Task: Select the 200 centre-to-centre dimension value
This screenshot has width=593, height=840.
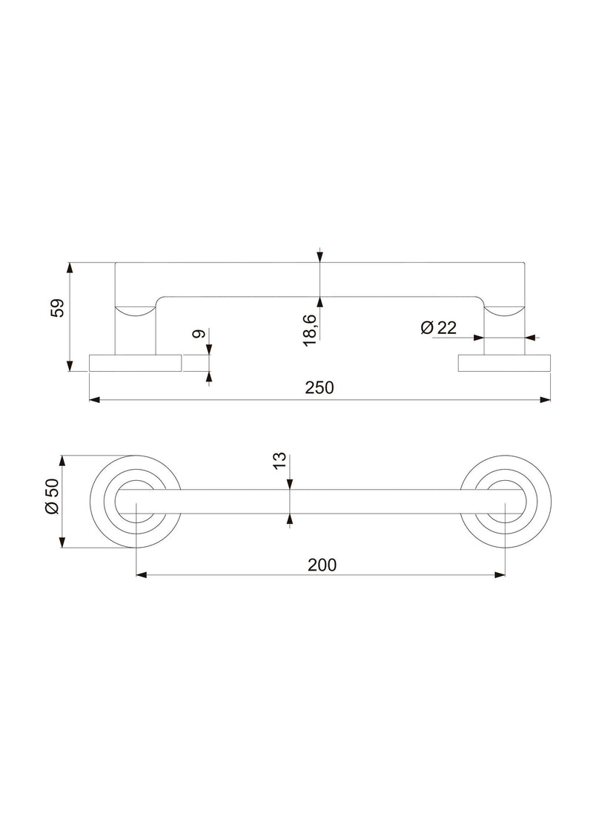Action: click(x=322, y=564)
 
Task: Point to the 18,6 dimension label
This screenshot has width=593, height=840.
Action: click(x=309, y=328)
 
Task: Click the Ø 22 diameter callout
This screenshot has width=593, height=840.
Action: click(x=438, y=327)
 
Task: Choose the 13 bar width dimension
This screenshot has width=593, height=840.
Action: click(x=279, y=462)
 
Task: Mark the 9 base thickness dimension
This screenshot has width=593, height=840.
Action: click(x=198, y=335)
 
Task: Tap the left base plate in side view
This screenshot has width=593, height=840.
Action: click(x=136, y=364)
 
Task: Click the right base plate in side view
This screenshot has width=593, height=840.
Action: click(x=505, y=364)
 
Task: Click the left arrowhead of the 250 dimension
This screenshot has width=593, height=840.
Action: click(x=94, y=401)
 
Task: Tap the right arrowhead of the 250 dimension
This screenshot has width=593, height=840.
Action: click(x=546, y=401)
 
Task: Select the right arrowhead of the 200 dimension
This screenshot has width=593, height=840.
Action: click(x=500, y=574)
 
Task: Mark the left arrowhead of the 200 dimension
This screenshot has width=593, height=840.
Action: click(x=141, y=574)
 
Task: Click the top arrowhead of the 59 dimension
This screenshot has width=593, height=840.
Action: click(x=70, y=266)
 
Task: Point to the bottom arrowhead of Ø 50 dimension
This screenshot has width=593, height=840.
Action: click(x=63, y=543)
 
